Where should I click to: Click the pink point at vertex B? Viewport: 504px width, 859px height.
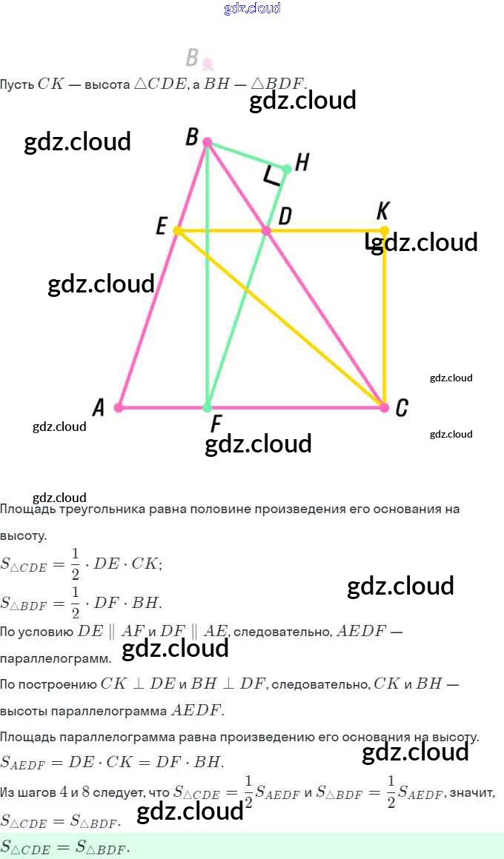pos(208,141)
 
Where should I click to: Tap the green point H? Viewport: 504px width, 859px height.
pos(287,169)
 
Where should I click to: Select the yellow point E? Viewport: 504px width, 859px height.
pos(177,231)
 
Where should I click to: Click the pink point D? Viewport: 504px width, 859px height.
pos(267,231)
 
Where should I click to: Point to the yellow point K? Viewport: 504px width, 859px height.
pos(384,231)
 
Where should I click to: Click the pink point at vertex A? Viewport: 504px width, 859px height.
pos(119,407)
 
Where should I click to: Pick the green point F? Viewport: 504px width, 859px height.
pos(208,407)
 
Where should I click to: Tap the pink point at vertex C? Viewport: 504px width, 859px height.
pos(384,407)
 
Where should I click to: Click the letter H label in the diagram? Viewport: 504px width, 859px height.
pos(302,162)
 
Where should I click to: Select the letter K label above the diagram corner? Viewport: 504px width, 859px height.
pos(382,211)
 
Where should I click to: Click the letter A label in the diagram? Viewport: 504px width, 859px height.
pos(99,407)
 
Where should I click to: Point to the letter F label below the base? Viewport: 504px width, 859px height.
pos(216,424)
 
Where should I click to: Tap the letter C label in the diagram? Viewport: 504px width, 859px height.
pos(401,408)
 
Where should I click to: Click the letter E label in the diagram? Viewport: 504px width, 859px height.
pos(161,227)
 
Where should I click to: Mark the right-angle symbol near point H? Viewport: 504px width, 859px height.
pos(272,176)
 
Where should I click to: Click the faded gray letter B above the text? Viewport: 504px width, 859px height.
pos(193,57)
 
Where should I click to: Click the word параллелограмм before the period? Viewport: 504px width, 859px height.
pos(56,658)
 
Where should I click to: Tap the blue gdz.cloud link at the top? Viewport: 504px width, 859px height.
pos(252,8)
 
